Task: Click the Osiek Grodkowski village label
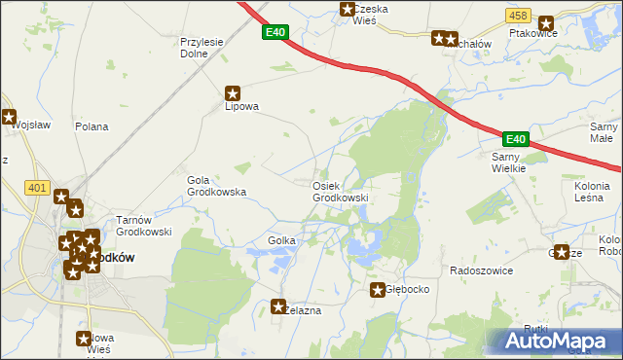click(x=340, y=192)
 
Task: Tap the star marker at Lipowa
click(x=233, y=93)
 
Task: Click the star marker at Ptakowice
click(x=545, y=22)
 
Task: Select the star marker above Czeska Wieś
click(x=347, y=10)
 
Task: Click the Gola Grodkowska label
click(x=215, y=186)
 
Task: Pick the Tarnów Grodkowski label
click(x=144, y=226)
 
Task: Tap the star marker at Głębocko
click(x=378, y=290)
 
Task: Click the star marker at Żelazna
click(x=280, y=306)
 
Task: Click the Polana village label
click(x=92, y=126)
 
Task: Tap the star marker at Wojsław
click(x=10, y=118)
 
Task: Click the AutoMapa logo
click(x=556, y=342)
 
